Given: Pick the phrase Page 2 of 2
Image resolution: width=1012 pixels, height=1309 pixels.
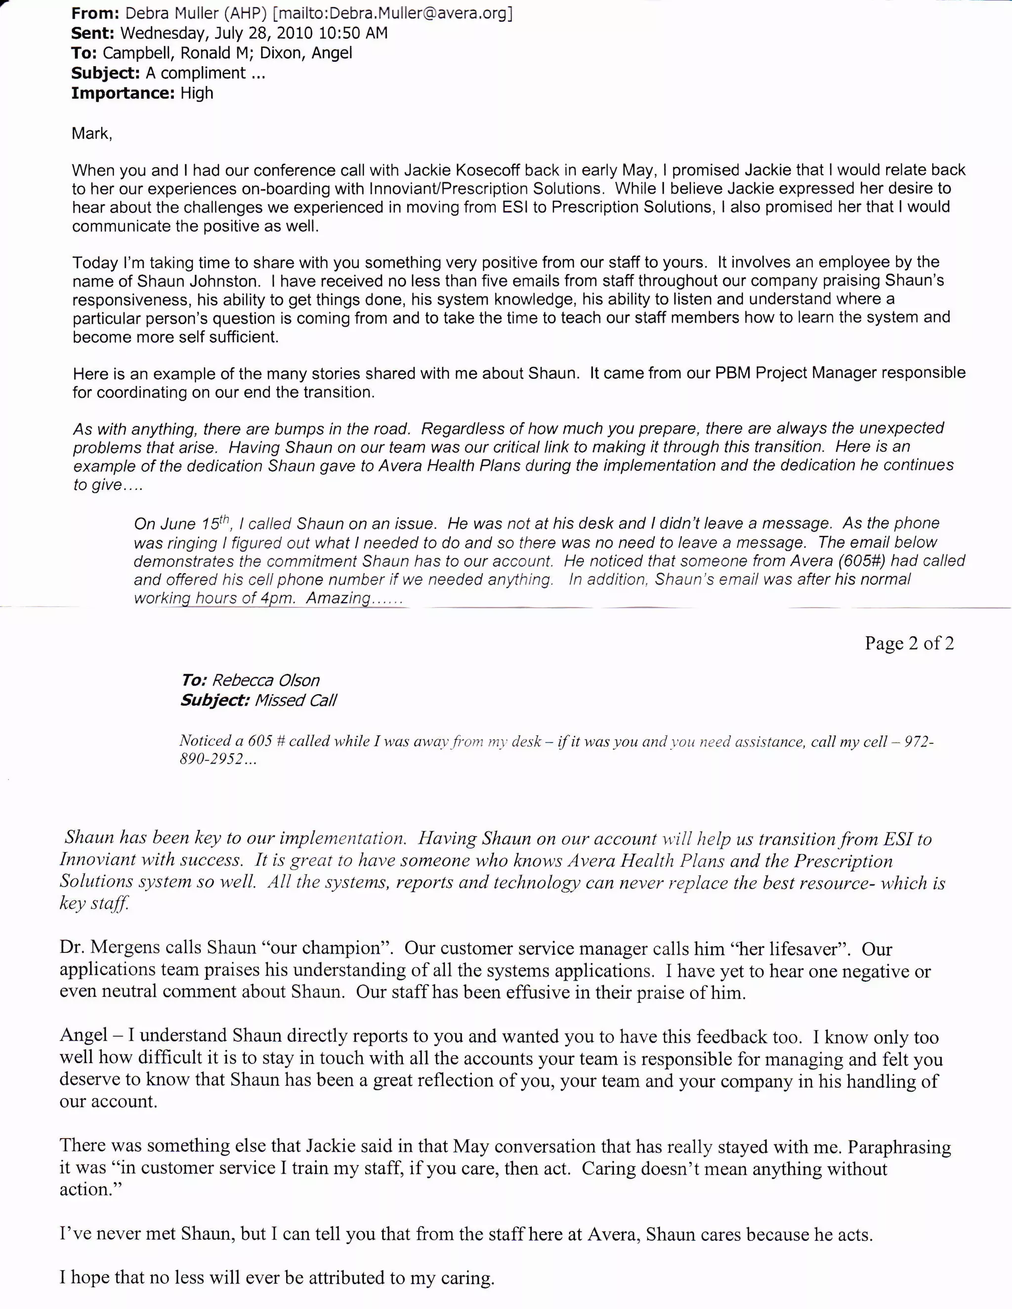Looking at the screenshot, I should pos(908,643).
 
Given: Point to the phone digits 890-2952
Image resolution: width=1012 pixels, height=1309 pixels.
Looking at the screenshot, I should pos(211,759).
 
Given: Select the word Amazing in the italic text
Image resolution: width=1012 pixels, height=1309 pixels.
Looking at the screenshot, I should pos(338,598).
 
